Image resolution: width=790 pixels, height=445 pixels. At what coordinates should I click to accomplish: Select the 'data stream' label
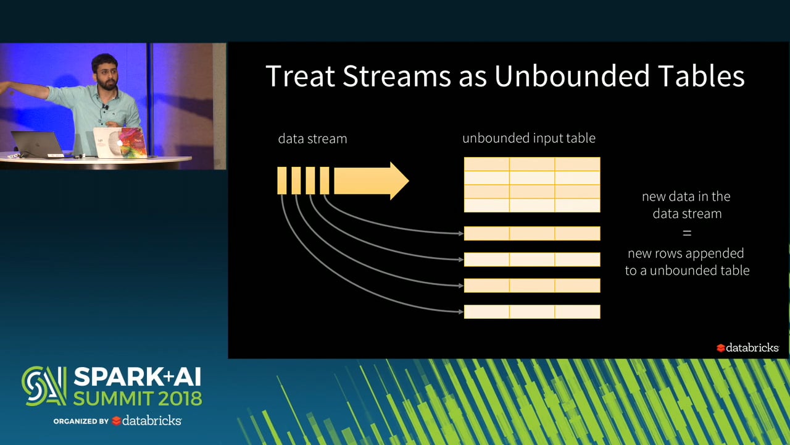point(312,138)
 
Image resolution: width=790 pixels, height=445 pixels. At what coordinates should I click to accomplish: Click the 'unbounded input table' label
point(529,138)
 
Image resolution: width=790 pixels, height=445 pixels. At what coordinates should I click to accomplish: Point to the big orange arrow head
point(398,180)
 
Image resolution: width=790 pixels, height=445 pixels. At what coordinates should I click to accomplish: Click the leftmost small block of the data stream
point(281,180)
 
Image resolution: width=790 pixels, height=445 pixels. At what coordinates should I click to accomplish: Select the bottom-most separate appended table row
point(531,311)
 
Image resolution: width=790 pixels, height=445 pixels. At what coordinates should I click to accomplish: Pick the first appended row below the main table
point(531,233)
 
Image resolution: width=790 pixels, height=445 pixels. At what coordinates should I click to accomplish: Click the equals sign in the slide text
point(687,233)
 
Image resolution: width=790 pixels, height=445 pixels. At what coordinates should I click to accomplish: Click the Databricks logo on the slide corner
point(747,348)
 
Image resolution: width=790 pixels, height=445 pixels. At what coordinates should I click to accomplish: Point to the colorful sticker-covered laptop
point(120,143)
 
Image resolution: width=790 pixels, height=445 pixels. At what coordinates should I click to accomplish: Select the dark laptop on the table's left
point(38,144)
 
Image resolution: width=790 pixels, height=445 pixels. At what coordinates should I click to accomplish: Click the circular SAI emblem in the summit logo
point(44,386)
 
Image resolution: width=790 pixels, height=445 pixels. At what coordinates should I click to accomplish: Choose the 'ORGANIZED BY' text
point(81,421)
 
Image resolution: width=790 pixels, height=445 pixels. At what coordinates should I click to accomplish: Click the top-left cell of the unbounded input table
point(486,164)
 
